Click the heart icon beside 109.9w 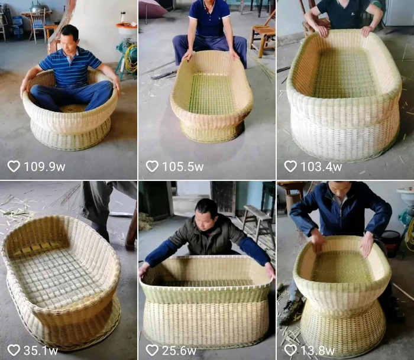click(x=14, y=166)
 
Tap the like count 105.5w click(x=183, y=167)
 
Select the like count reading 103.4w click(x=321, y=167)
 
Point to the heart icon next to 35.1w click(x=14, y=350)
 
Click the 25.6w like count click(x=179, y=351)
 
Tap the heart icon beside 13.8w click(x=290, y=350)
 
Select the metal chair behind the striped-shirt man click(x=38, y=25)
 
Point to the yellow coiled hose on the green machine click(x=131, y=59)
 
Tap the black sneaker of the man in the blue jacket click(x=290, y=312)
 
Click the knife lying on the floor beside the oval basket click(x=164, y=75)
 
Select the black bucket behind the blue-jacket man click(x=390, y=243)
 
